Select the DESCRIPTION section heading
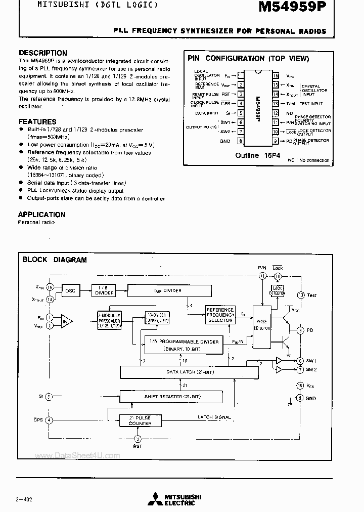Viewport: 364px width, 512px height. pos(42,53)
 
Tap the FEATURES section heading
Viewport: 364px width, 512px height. pos(37,121)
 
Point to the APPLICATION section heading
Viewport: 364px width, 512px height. pos(42,215)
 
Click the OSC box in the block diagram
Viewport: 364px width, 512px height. pos(70,291)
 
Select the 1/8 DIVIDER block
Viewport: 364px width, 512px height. pos(103,290)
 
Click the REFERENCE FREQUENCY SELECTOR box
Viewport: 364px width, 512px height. pos(220,315)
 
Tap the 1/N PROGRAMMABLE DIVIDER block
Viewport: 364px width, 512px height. pos(185,345)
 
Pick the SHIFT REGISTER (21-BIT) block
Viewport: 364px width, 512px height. pos(170,396)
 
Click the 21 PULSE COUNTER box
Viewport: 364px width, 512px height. pos(140,420)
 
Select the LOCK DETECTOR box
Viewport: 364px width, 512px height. pos(277,290)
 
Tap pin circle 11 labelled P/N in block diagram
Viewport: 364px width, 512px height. pos(262,276)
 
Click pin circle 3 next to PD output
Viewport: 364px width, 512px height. pos(300,330)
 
